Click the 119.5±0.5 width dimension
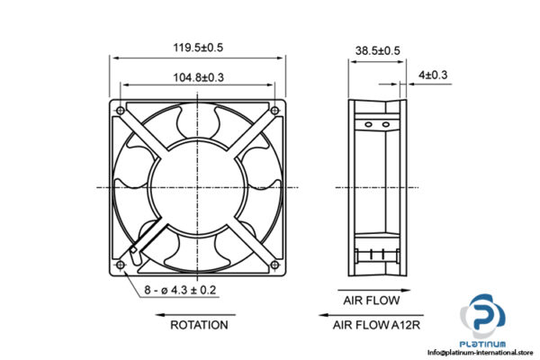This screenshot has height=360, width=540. pos(198,46)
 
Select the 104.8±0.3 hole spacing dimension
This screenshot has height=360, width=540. pos(198,77)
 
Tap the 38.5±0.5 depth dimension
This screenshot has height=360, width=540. pos(377,51)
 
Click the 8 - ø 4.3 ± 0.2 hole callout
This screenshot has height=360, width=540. pos(180,290)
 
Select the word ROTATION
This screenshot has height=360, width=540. pos(199,324)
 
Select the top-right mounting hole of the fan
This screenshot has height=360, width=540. pos(274,111)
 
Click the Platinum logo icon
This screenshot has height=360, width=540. pos(486,318)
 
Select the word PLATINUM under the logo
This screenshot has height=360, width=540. pos(486,344)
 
